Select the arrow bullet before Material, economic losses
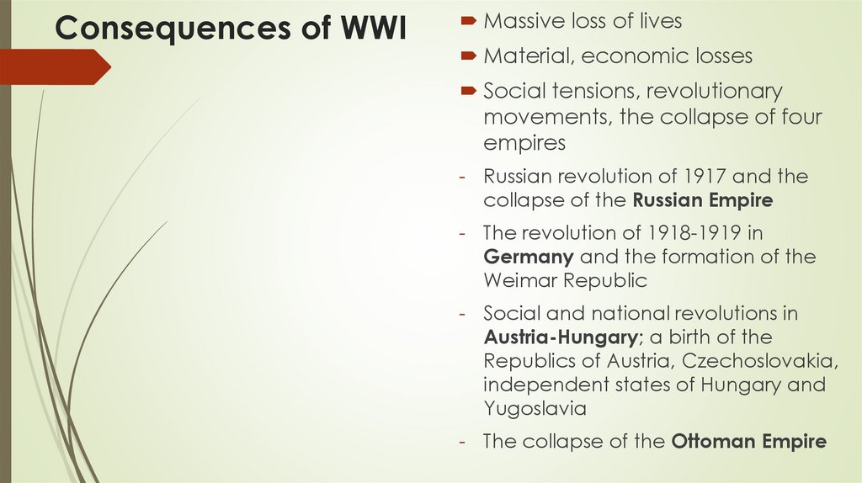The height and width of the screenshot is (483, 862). tap(468, 56)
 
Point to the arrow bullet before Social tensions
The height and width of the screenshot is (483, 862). tap(468, 91)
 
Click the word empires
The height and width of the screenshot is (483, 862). tap(524, 143)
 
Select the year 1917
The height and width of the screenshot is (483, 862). tap(708, 177)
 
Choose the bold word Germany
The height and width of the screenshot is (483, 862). tap(529, 257)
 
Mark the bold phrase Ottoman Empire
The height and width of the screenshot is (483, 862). tap(748, 441)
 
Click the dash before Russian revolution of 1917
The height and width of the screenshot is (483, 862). tap(463, 178)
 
